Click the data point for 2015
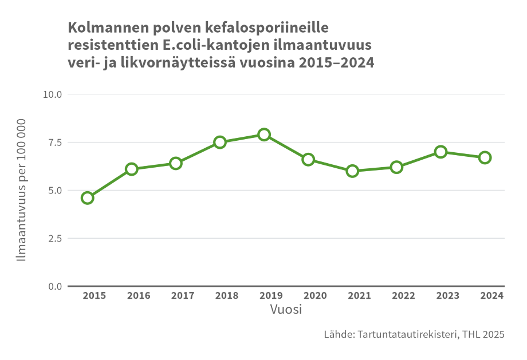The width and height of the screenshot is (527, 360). (x=88, y=198)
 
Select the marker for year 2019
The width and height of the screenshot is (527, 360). (x=264, y=134)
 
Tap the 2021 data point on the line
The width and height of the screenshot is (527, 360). (x=352, y=171)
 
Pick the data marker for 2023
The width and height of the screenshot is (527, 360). (x=441, y=152)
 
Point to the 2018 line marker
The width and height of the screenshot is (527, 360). (x=220, y=143)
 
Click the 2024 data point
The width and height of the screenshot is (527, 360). (x=485, y=157)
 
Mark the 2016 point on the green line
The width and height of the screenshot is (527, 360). (x=132, y=169)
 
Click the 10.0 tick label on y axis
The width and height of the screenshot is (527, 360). (x=53, y=94)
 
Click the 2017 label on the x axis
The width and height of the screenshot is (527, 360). (x=182, y=296)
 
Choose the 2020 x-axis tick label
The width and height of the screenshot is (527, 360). (x=314, y=296)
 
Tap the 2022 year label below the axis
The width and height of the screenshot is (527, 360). (x=403, y=296)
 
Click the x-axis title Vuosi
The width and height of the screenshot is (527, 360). (x=286, y=310)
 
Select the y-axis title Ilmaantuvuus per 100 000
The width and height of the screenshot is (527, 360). (x=22, y=190)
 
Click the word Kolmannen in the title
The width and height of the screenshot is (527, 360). (x=103, y=27)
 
